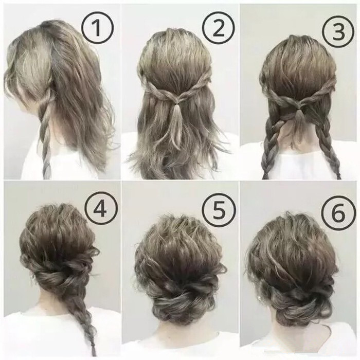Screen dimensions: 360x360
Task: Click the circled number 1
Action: tap(98, 28)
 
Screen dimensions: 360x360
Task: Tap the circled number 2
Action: tap(219, 28)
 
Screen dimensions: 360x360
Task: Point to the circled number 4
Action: tap(100, 209)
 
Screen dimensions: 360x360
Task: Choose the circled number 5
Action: tap(220, 210)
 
